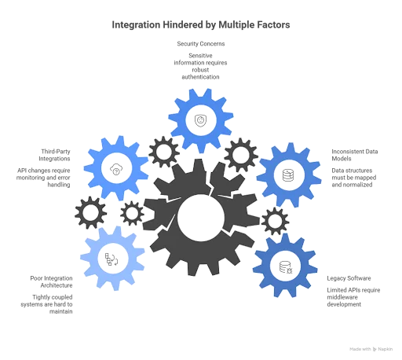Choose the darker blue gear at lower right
tap(284, 265)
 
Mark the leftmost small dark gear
tap(91, 211)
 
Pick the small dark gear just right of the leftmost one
tap(132, 212)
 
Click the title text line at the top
tap(201, 25)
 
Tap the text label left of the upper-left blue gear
tap(45, 167)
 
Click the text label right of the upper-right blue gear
tap(353, 166)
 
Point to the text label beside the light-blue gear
tap(47, 290)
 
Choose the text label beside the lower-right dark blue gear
tap(355, 289)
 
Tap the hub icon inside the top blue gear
tap(202, 119)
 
